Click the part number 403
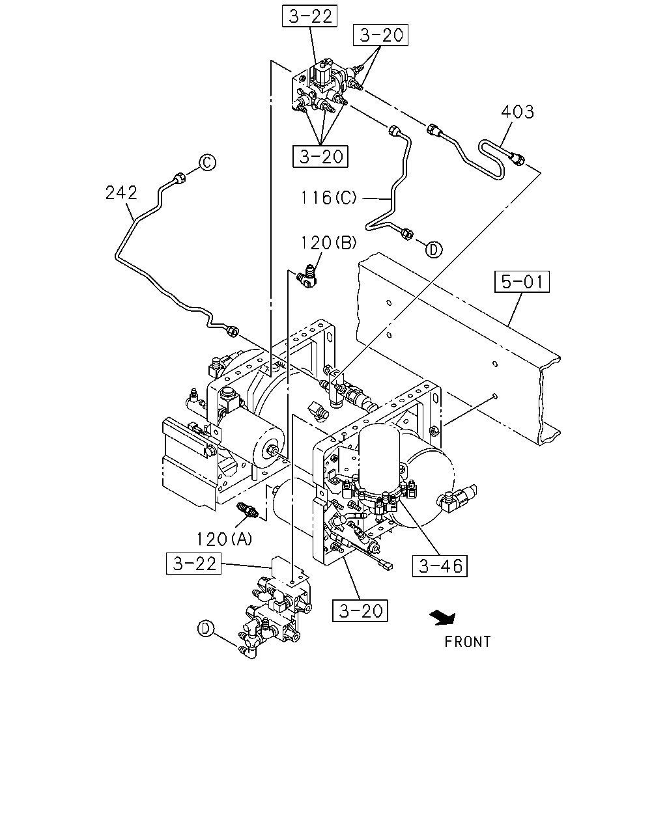pos(517,112)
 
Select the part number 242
pos(121,193)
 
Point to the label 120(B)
pos(329,243)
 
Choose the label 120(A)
pos(225,539)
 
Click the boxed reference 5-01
pos(522,281)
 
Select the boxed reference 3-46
pos(440,566)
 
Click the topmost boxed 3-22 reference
pos(309,16)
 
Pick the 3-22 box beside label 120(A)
pos(193,563)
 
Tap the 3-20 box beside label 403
pos(380,35)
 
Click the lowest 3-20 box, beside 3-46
pos(360,610)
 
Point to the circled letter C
pos(207,163)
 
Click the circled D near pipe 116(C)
pos(434,250)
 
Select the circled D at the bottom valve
pos(206,628)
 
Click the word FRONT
pos(468,642)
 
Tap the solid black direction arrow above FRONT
pos(443,617)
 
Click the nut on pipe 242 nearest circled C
pos(179,178)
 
